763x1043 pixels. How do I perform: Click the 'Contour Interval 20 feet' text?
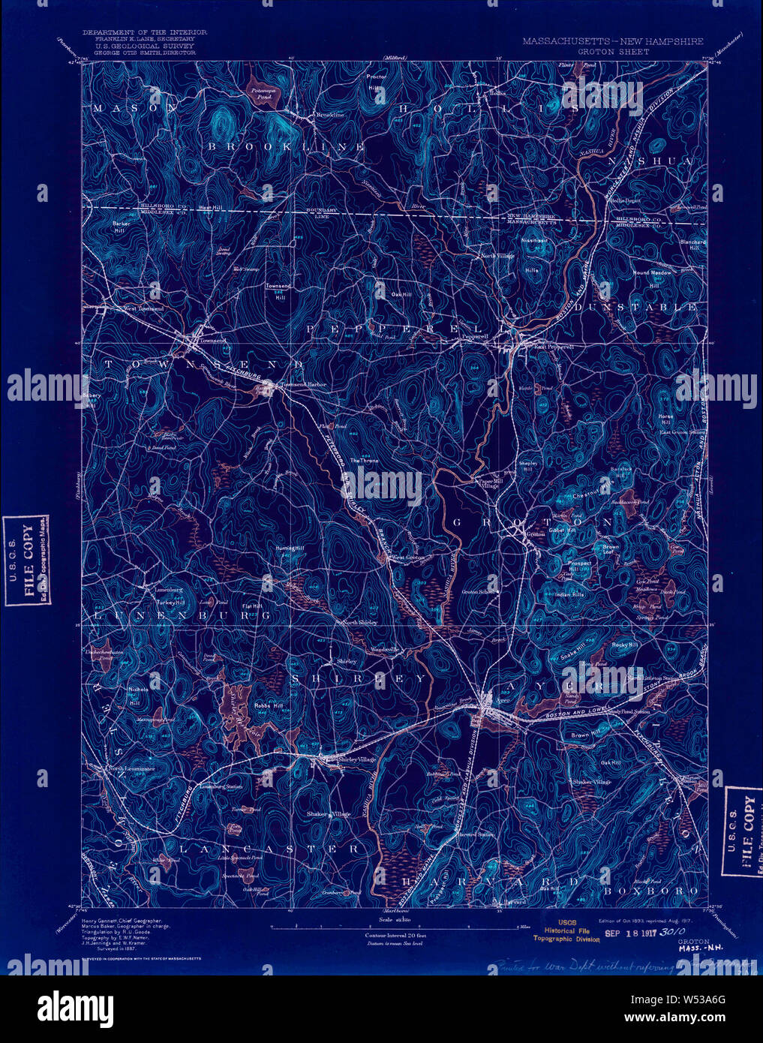(x=395, y=935)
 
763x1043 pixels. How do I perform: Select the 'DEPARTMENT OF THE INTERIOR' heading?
(x=145, y=33)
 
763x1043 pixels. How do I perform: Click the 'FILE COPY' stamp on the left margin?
(x=28, y=560)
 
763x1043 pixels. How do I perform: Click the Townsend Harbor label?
(x=303, y=385)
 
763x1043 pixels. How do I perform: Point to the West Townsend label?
(x=143, y=308)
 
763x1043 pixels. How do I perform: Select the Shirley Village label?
(x=357, y=760)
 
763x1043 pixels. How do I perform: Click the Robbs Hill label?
(x=267, y=706)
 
